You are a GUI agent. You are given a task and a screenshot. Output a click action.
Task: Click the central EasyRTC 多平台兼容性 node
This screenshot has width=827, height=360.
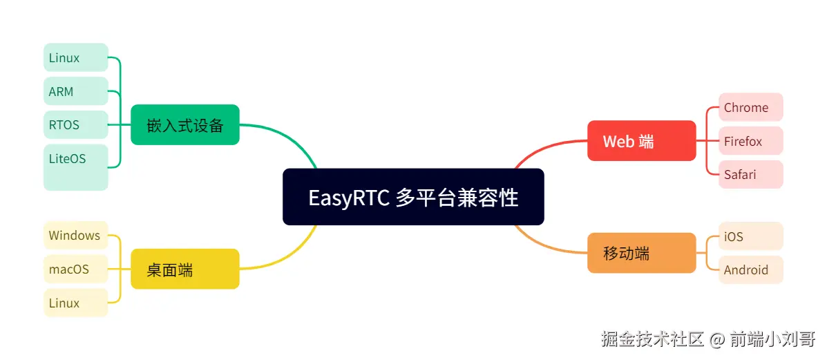413,197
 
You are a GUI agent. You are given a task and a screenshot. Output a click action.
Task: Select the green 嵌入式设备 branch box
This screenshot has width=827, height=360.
185,125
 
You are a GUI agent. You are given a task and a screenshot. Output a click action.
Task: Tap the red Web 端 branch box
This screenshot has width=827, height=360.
641,141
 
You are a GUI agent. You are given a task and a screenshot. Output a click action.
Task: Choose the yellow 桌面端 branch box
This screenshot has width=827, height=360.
185,269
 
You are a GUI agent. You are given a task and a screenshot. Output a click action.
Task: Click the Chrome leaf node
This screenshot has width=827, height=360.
750,107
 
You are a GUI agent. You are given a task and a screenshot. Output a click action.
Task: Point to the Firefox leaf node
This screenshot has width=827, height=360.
750,141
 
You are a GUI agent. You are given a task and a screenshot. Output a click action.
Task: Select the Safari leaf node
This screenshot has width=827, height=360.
750,174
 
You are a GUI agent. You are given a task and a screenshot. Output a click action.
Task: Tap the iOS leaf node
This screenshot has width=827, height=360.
750,236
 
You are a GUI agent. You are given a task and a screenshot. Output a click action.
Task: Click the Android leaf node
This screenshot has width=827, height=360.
750,269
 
